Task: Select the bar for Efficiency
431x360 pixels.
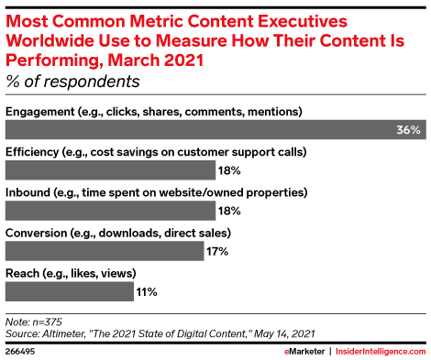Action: (x=110, y=169)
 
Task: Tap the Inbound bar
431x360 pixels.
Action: (x=110, y=210)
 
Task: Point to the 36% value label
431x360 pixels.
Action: (x=408, y=130)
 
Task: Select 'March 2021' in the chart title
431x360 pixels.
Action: (x=166, y=60)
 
